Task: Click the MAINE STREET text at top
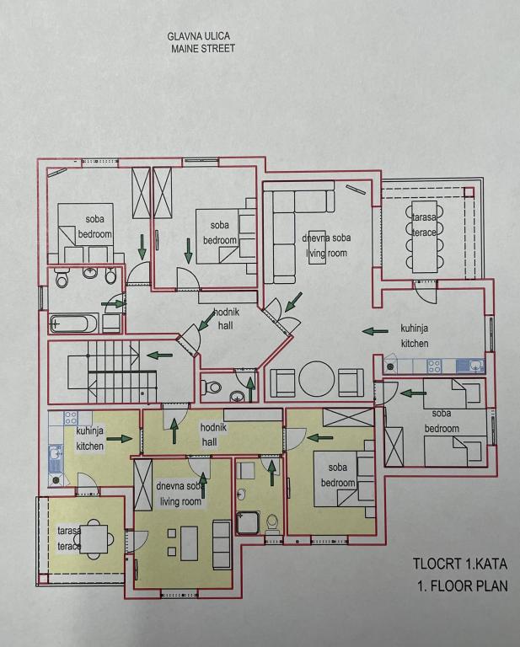pyautogui.click(x=202, y=49)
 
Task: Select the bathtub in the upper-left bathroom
pyautogui.click(x=74, y=323)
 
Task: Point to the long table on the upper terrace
pyautogui.click(x=422, y=235)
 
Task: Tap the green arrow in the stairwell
pyautogui.click(x=159, y=355)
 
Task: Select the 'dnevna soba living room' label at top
pyautogui.click(x=326, y=245)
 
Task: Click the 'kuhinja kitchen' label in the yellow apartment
pyautogui.click(x=90, y=438)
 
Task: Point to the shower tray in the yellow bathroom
pyautogui.click(x=248, y=523)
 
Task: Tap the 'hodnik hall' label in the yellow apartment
pyautogui.click(x=209, y=434)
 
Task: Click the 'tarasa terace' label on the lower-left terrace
pyautogui.click(x=69, y=538)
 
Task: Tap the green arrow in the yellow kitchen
pyautogui.click(x=121, y=438)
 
